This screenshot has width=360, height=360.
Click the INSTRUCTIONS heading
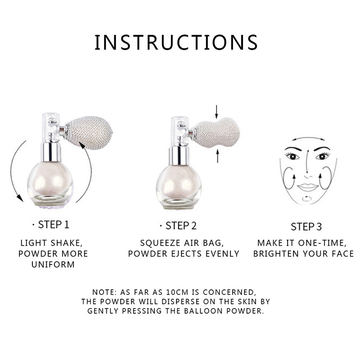[x=176, y=42]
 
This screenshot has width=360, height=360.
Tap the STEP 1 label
[x=53, y=225]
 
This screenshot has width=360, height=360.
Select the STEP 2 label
[x=181, y=226]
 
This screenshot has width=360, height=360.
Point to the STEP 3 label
[x=306, y=227]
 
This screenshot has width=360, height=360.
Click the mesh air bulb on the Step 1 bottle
[x=90, y=133]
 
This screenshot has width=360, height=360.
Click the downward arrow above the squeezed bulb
[x=216, y=112]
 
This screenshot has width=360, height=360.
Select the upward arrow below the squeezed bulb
[x=218, y=156]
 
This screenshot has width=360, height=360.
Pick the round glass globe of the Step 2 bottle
[x=179, y=187]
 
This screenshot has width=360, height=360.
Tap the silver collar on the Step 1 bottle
[x=51, y=152]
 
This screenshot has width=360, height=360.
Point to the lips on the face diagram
[x=308, y=187]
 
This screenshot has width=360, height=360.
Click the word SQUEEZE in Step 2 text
[x=161, y=243]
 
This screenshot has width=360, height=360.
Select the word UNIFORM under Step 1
[x=53, y=265]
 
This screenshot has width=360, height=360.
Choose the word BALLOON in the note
[x=203, y=311]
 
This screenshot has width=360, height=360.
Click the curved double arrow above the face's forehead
[x=308, y=138]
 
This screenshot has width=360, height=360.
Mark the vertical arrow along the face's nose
[x=308, y=162]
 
